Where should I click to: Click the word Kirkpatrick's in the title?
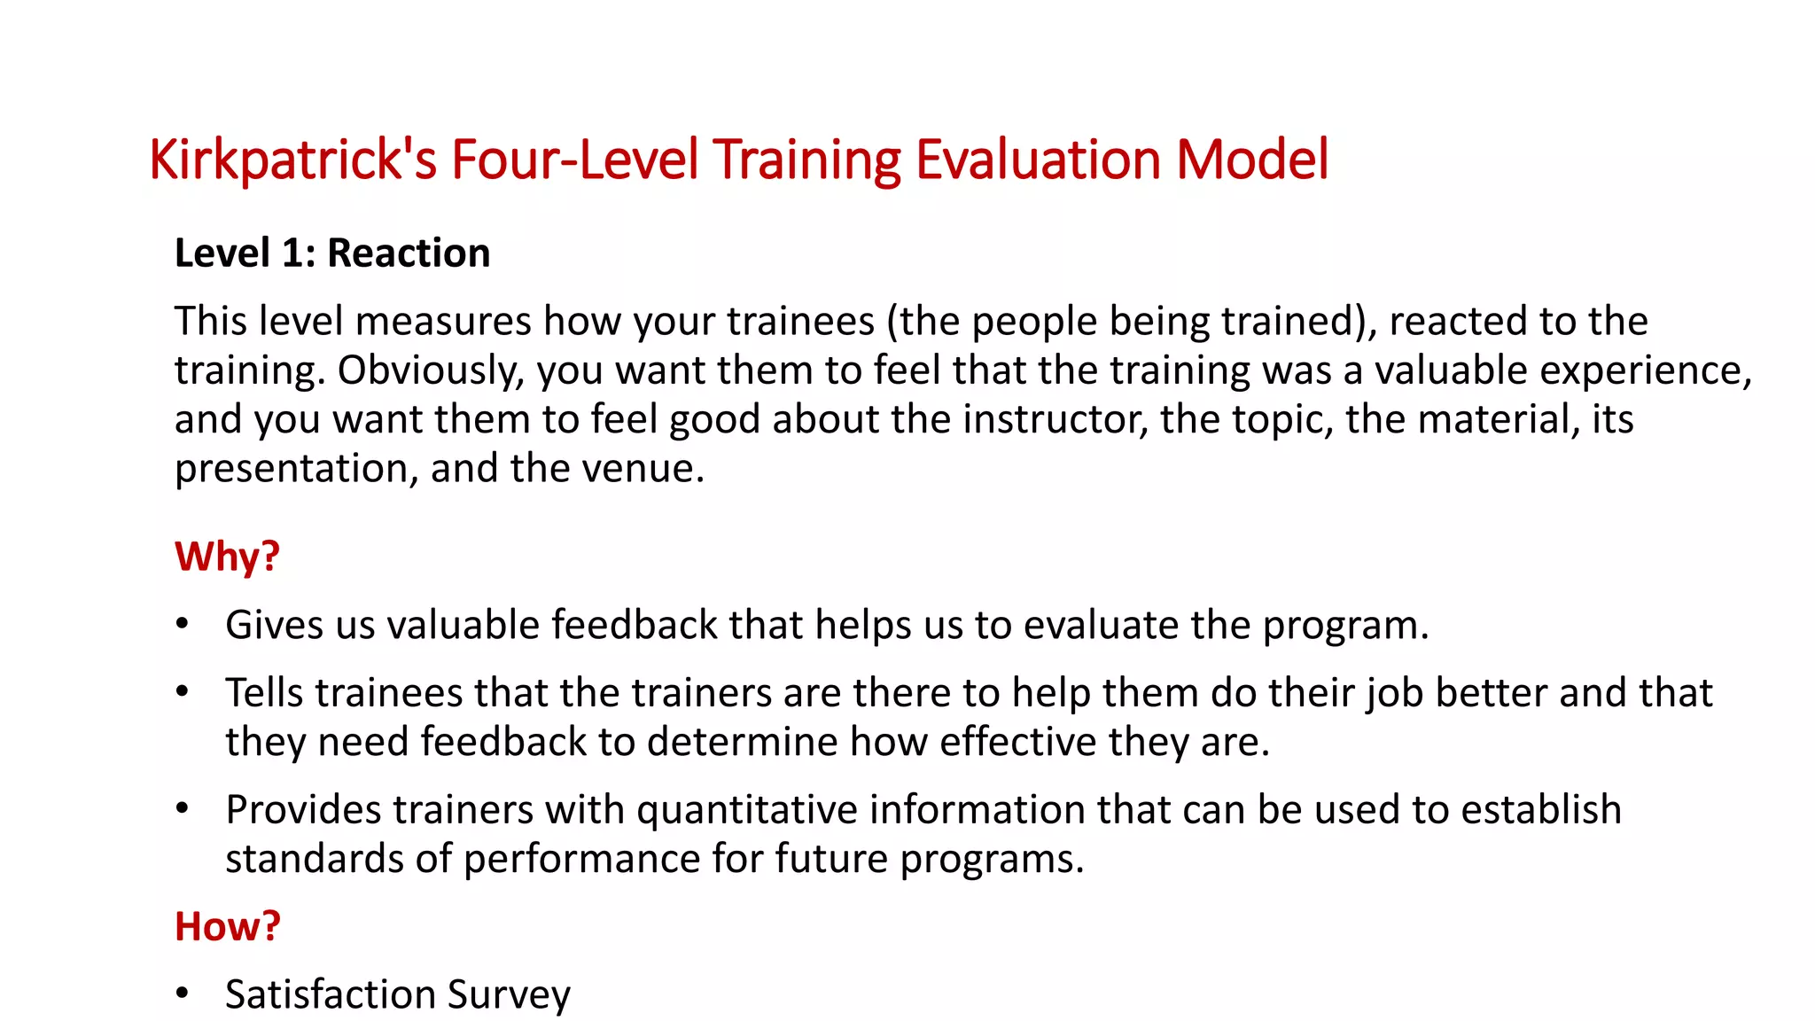click(292, 160)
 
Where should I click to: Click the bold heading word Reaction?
click(409, 253)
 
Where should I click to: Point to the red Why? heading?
click(227, 557)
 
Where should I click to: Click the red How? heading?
click(227, 926)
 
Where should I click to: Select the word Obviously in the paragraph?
click(431, 370)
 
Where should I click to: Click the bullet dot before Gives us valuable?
click(183, 625)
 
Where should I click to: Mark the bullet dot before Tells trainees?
click(183, 692)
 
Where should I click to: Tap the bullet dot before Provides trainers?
click(183, 809)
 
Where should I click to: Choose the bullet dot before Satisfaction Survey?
click(183, 994)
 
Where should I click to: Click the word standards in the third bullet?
click(338, 859)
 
